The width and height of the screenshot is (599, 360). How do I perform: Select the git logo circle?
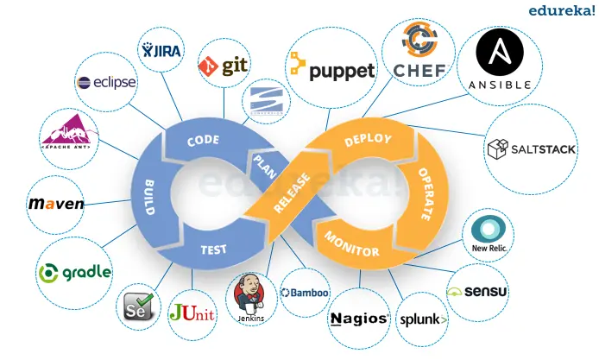pyautogui.click(x=224, y=66)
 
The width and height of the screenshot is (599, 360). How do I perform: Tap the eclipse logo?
pyautogui.click(x=105, y=83)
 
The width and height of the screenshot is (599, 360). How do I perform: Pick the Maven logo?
pyautogui.click(x=56, y=204)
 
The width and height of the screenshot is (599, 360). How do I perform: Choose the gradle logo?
pyautogui.click(x=75, y=272)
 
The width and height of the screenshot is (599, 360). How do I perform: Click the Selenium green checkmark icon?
pyautogui.click(x=140, y=304)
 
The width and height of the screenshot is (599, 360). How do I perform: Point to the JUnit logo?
pyautogui.click(x=192, y=312)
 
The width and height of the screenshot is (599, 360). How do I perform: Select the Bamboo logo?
pyautogui.click(x=306, y=294)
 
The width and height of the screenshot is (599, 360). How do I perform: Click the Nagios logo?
pyautogui.click(x=359, y=318)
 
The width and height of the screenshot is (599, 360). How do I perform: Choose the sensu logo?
pyautogui.click(x=478, y=291)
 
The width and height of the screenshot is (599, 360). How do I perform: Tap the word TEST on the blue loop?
pyautogui.click(x=213, y=249)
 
